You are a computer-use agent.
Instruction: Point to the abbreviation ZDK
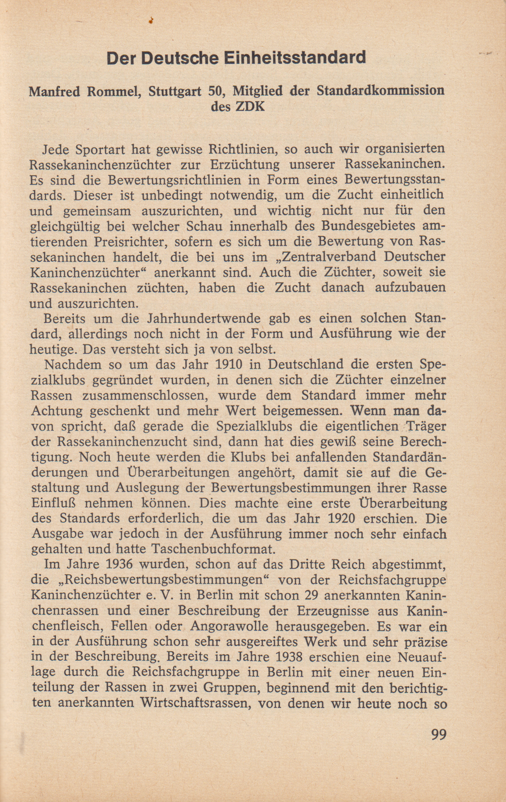[x=250, y=107]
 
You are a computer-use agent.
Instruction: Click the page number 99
[x=439, y=734]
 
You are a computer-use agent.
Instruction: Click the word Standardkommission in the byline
[x=380, y=91]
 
